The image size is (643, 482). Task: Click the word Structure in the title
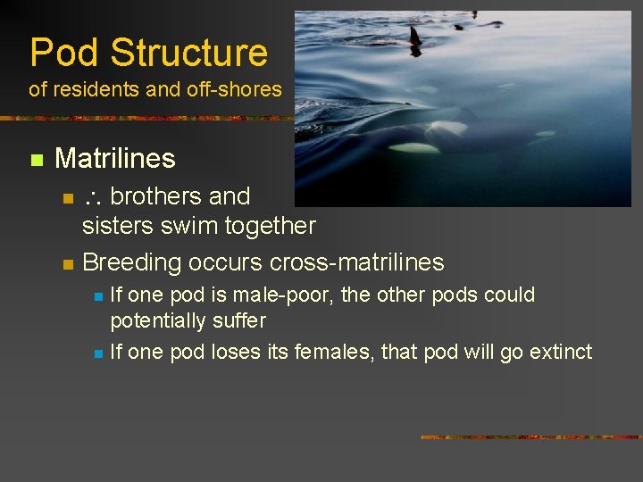[188, 53]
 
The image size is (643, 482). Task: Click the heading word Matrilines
[114, 159]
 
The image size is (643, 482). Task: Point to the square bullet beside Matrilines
[36, 160]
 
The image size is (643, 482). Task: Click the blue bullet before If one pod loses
[97, 353]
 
